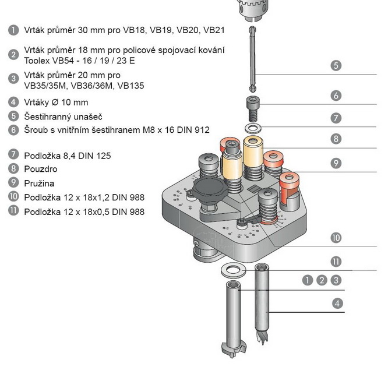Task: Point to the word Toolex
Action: point(37,60)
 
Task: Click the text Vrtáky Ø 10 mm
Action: point(56,102)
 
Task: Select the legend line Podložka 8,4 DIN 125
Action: point(67,156)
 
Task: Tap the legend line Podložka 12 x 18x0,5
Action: point(84,211)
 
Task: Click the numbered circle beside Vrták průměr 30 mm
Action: point(13,29)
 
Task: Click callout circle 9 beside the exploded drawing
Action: point(336,163)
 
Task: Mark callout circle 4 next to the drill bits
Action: point(336,303)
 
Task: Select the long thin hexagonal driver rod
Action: point(252,58)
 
